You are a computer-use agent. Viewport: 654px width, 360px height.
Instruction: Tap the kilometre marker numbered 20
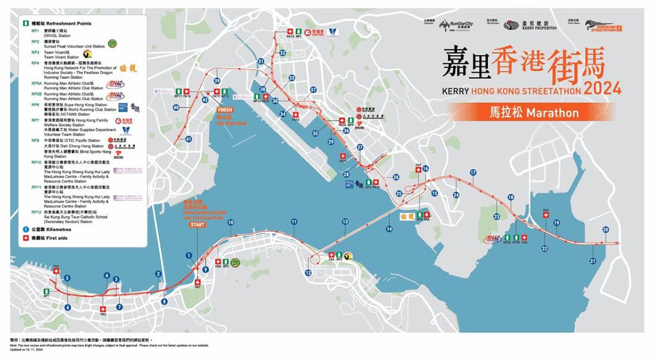(x=606, y=230)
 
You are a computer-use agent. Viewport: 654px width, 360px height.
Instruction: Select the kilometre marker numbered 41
(x=189, y=139)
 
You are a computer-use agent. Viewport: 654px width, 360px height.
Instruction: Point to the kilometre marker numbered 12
(x=308, y=273)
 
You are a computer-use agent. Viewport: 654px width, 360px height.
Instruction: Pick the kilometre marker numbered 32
(x=282, y=52)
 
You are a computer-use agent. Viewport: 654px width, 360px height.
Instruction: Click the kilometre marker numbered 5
(x=67, y=278)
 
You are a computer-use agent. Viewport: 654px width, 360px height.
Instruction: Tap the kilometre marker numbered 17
(x=473, y=173)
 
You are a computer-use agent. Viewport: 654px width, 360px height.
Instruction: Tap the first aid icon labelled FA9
(x=546, y=215)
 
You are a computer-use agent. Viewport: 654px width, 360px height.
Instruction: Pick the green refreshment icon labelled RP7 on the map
(x=299, y=32)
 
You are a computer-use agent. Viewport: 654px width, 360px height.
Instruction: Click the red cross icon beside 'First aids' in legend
(x=25, y=238)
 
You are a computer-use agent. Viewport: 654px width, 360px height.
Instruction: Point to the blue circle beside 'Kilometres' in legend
(x=25, y=229)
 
